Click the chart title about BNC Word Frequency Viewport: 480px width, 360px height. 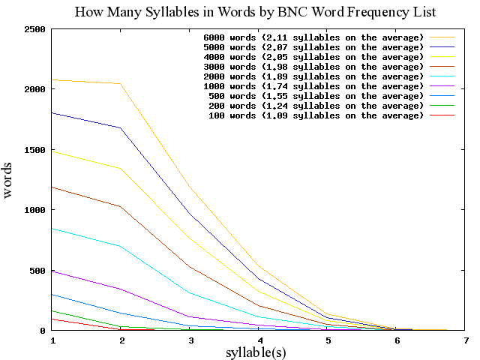(255, 12)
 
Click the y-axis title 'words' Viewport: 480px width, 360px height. (8, 181)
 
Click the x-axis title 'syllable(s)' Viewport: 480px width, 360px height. (256, 351)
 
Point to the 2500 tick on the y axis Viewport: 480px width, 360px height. (34, 29)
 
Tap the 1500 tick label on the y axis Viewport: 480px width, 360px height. (34, 150)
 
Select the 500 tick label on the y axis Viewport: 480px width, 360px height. (37, 271)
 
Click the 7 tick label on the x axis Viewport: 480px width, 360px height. (466, 340)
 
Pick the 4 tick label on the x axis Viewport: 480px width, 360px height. (259, 340)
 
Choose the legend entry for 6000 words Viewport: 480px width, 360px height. (313, 37)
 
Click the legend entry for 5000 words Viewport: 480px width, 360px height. (313, 47)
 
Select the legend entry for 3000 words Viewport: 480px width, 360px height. (313, 67)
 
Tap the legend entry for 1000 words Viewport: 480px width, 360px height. (313, 86)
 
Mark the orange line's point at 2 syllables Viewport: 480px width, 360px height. (121, 84)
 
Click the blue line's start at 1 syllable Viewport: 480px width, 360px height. (52, 112)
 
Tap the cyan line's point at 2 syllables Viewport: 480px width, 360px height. (121, 246)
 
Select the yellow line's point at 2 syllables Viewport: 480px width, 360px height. (121, 168)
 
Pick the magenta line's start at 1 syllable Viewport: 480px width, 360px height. (52, 271)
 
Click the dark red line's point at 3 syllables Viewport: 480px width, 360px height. (190, 267)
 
